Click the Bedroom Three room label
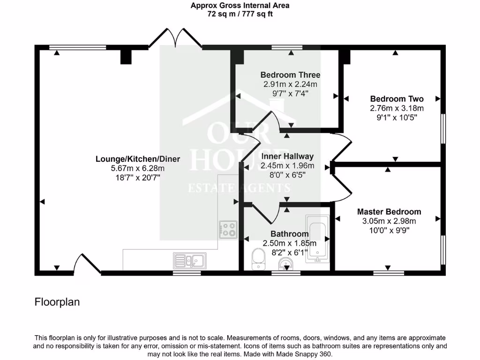(x=290, y=75)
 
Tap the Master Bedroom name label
(x=389, y=212)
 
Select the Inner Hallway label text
(x=287, y=157)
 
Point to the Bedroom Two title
(x=397, y=99)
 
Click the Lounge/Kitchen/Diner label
(x=138, y=159)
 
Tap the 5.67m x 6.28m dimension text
(x=138, y=168)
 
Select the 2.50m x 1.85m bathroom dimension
(x=290, y=243)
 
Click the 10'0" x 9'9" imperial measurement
(x=390, y=230)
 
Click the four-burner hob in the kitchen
(x=228, y=230)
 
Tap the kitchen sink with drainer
(x=189, y=261)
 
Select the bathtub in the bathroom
(x=317, y=239)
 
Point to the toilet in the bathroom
(x=258, y=259)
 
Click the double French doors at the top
(x=175, y=38)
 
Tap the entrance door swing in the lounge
(x=87, y=263)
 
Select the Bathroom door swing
(x=265, y=214)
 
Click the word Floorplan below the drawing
(x=57, y=302)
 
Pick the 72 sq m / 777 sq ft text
(x=240, y=14)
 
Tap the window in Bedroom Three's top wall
(x=287, y=47)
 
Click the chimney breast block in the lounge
(x=126, y=57)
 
